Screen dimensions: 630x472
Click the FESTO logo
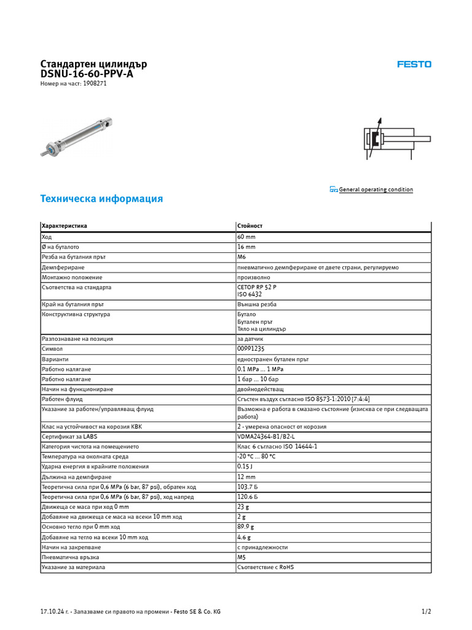point(414,64)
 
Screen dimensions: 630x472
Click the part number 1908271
point(95,84)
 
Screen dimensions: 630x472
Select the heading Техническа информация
point(101,199)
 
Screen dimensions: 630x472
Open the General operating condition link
point(376,189)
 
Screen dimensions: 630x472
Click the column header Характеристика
point(65,226)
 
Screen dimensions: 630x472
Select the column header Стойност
point(249,226)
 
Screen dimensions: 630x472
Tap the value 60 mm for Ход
point(247,236)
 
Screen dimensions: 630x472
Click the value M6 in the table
point(242,257)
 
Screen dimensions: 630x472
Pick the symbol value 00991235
point(251,349)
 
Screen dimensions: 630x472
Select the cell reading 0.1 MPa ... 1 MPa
point(261,369)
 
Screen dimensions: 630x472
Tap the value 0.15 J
point(245,466)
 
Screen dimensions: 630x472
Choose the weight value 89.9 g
point(246,527)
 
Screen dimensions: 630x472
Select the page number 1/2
point(427,612)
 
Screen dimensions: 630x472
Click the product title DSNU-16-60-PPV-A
point(87,74)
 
